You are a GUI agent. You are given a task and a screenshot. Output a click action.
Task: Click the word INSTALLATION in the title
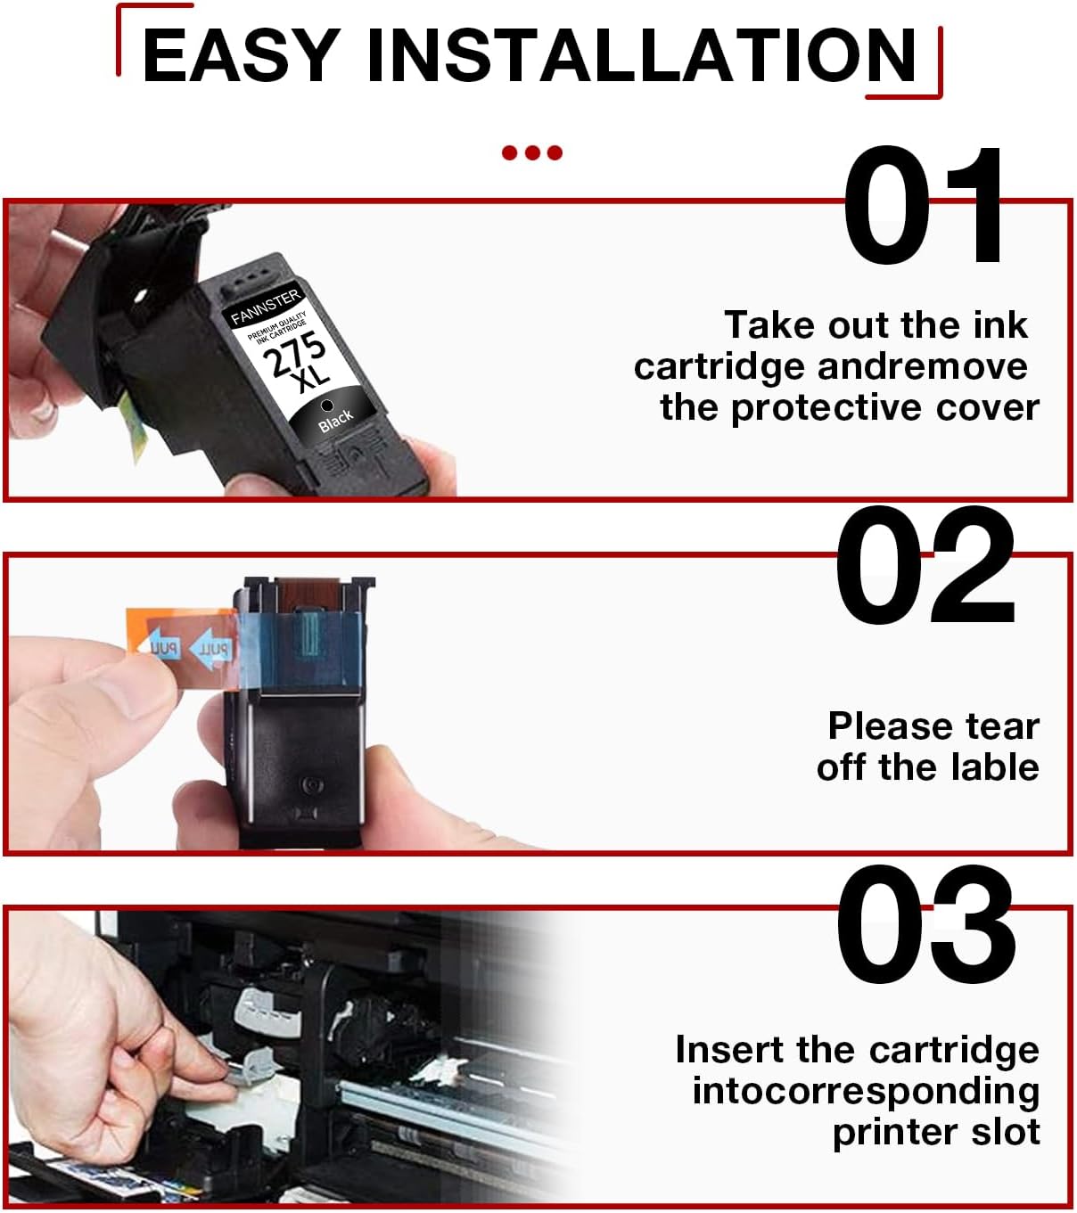pos(641,55)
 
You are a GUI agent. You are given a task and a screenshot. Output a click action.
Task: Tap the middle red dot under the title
pos(532,152)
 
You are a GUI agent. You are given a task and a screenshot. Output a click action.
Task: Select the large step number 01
pos(924,207)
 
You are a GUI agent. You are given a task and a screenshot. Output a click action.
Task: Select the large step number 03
pos(925,927)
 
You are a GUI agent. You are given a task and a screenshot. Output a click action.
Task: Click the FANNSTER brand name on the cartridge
pos(265,307)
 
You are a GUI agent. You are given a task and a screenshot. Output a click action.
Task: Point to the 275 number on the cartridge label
pos(292,354)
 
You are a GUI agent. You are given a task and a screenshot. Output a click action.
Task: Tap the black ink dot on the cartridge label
pos(326,406)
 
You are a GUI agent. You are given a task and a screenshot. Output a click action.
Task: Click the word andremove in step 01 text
pos(922,366)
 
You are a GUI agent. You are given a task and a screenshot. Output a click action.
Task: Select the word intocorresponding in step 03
pos(866,1091)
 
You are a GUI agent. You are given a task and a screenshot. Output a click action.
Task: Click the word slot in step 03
pos(1006,1132)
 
